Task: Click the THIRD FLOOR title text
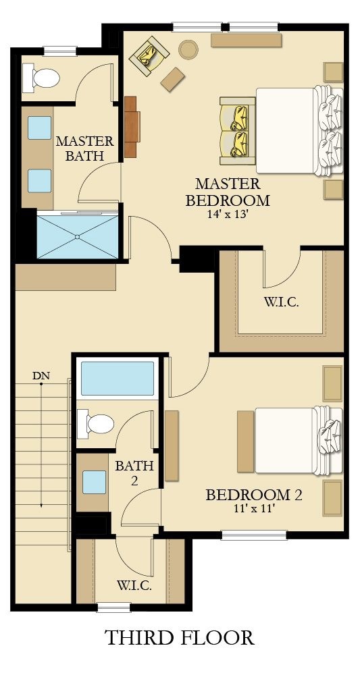click(x=179, y=637)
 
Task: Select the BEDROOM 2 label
click(x=253, y=495)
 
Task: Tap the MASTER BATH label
click(x=84, y=148)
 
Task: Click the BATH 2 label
click(x=134, y=473)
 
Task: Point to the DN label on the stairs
click(x=41, y=375)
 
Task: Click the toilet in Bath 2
click(x=96, y=424)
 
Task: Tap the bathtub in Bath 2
click(x=118, y=379)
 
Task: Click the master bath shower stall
click(x=77, y=236)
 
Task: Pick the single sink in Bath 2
click(x=95, y=483)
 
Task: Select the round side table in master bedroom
click(x=188, y=49)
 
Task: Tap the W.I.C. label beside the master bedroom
click(x=281, y=301)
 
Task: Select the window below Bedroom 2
click(x=254, y=535)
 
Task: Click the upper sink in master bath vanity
click(x=40, y=128)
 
